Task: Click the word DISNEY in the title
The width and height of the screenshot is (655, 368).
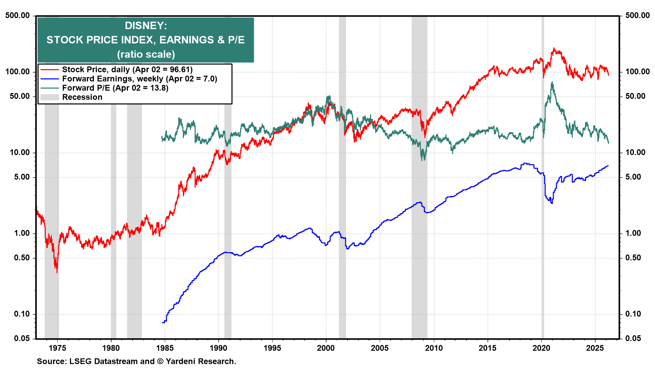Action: coord(146,26)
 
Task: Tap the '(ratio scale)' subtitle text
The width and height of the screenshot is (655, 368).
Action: coord(146,54)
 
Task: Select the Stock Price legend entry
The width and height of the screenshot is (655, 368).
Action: coord(127,70)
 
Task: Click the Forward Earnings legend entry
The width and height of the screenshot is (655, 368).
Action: coord(139,79)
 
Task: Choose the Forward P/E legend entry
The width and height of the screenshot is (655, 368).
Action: coord(115,88)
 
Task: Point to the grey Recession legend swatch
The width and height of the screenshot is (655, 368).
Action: coord(49,97)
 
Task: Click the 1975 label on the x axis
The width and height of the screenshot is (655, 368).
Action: coord(57,348)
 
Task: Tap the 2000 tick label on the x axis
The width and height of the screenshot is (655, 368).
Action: coord(326,348)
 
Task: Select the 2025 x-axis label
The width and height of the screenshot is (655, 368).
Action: coord(595,348)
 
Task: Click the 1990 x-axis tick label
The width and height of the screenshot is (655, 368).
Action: coord(218,348)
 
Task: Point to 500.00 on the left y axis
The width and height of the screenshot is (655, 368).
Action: coord(17,15)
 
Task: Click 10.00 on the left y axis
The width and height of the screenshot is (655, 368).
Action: coord(20,152)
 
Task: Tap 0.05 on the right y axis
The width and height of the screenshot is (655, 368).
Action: coord(633,338)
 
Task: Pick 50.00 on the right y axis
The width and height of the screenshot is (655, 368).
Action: coord(635,96)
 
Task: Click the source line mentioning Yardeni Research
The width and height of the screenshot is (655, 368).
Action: coord(136,361)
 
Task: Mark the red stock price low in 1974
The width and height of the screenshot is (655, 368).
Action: coord(57,272)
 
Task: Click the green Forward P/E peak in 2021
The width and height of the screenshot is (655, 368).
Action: coord(552,82)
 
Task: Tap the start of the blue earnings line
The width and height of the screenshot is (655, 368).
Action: coord(162,322)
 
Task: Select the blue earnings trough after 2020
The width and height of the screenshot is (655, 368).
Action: coord(552,203)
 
